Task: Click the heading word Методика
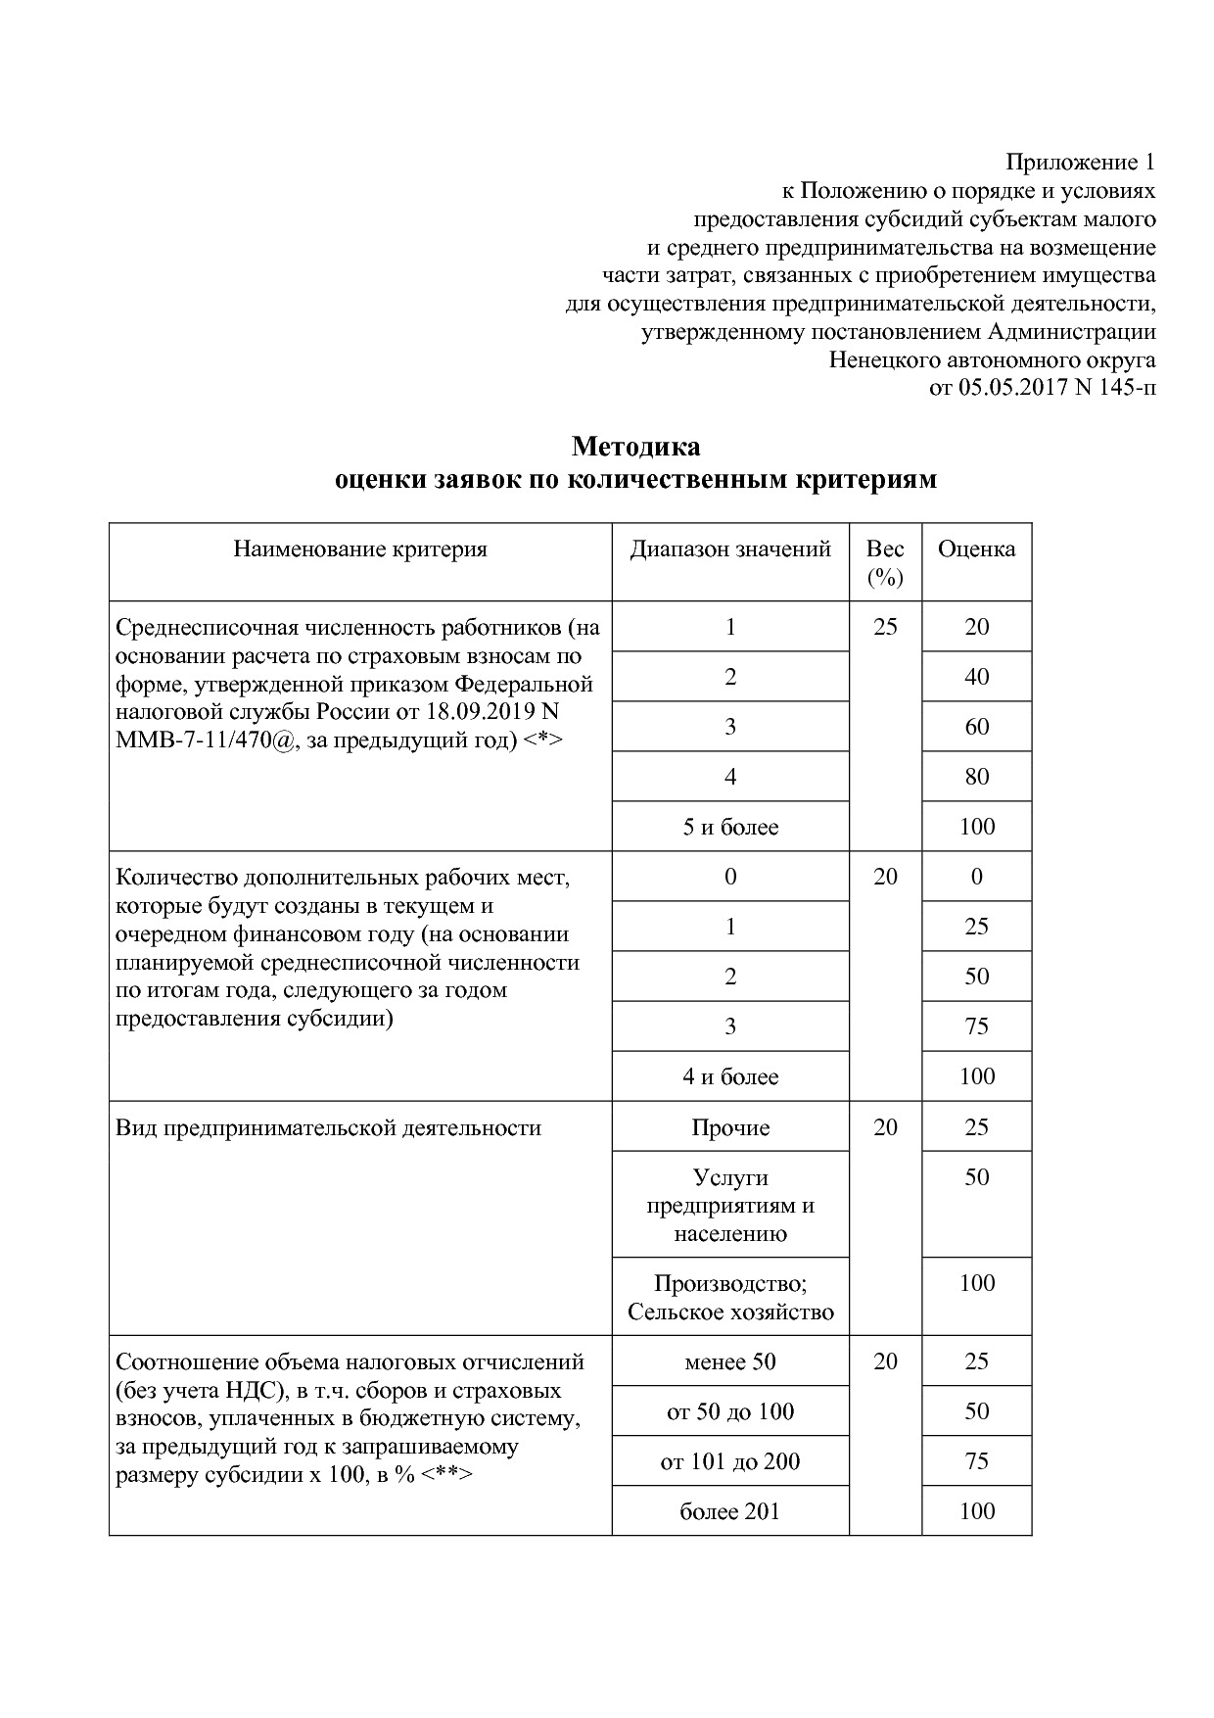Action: (x=635, y=447)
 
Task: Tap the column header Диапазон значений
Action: (x=729, y=549)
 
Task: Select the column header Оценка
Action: (x=976, y=549)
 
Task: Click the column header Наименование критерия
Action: (x=359, y=549)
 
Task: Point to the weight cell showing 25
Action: (x=884, y=627)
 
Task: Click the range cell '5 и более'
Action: (x=730, y=827)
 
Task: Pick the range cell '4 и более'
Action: (x=730, y=1076)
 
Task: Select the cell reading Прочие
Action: (x=730, y=1127)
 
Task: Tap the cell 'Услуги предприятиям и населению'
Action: (x=730, y=1205)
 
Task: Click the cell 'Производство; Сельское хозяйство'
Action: (x=730, y=1297)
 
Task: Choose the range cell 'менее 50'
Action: (x=730, y=1361)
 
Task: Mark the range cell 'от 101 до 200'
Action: (x=730, y=1461)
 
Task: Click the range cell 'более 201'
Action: (x=730, y=1511)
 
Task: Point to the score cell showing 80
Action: (x=976, y=777)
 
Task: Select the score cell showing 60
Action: (x=976, y=727)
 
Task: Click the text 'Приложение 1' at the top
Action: (x=1081, y=162)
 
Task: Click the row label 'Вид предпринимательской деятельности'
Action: (x=328, y=1127)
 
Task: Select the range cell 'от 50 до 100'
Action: (x=730, y=1411)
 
